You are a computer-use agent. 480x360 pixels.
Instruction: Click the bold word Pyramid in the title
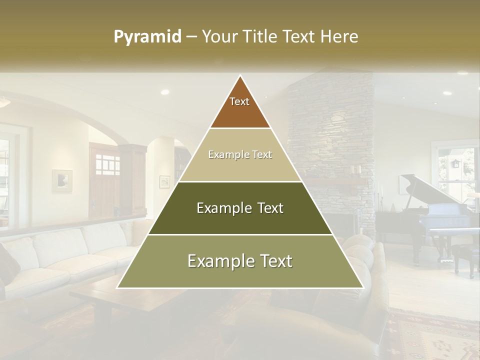[x=147, y=37]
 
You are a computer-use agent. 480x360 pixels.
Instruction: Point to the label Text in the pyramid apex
[x=239, y=101]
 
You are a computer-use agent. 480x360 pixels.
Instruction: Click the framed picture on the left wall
[x=62, y=180]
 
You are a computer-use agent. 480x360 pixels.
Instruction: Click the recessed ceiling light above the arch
[x=164, y=92]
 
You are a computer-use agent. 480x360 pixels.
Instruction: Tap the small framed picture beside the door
[x=164, y=181]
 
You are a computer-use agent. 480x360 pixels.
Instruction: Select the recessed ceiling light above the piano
[x=446, y=93]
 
